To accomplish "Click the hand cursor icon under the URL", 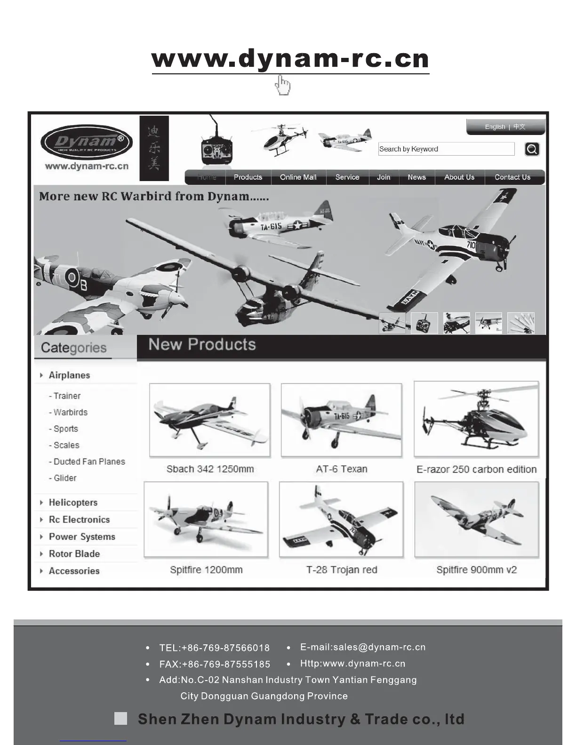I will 283,86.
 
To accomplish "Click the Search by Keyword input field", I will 446,149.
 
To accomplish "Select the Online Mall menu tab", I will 298,177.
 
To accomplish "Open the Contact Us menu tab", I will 512,177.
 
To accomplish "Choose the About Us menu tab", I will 459,177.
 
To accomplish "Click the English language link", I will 495,127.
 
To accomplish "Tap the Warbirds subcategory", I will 70,412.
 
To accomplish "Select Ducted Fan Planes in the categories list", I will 89,462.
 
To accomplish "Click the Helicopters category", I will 73,503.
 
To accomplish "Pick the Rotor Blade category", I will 74,554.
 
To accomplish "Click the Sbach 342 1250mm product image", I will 210,420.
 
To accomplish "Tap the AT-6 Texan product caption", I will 342,469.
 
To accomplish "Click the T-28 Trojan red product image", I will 341,519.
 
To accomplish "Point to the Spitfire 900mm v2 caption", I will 476,570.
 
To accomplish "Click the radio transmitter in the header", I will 216,150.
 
